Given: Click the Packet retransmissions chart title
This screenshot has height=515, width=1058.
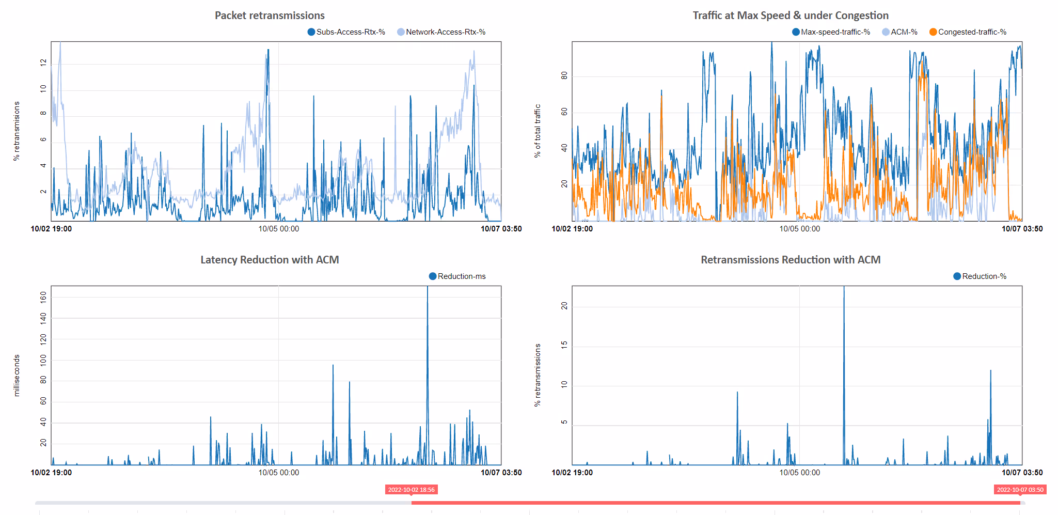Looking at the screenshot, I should [x=270, y=15].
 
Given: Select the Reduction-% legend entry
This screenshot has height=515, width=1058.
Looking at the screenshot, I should [x=980, y=276].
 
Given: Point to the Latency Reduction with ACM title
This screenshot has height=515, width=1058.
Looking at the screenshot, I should [x=270, y=260].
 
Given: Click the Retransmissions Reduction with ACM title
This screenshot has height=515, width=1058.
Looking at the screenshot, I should [x=791, y=260].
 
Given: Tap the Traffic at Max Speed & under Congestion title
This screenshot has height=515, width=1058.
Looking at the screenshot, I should [x=791, y=15].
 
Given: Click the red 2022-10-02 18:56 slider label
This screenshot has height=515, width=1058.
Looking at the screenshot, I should [x=412, y=490].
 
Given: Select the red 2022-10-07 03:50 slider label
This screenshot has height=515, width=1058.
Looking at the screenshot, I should [x=1020, y=490].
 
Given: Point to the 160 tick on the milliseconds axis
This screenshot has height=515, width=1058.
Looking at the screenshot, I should [x=43, y=296].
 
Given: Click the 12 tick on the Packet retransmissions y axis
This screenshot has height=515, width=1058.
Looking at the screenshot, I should [x=43, y=63].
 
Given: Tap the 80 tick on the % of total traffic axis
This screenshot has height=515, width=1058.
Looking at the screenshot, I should [x=564, y=76].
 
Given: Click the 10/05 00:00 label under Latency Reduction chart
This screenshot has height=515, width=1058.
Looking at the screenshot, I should [x=279, y=473].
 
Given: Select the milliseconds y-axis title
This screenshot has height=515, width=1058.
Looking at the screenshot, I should [x=17, y=376].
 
